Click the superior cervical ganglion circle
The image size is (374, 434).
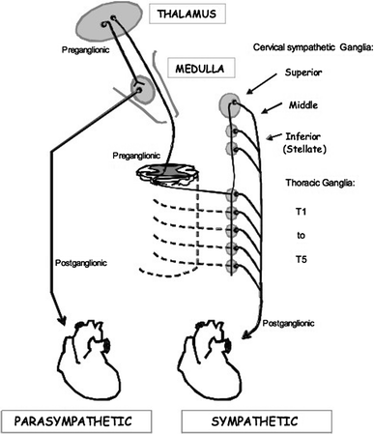pyautogui.click(x=229, y=103)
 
